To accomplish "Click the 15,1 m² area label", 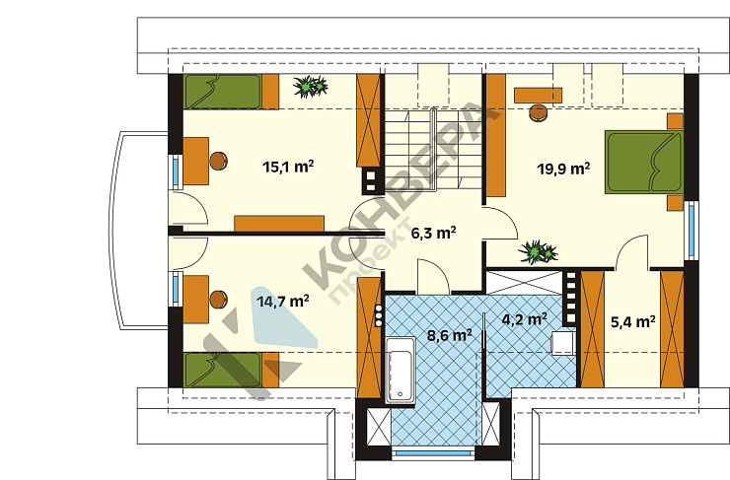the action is coord(288,166).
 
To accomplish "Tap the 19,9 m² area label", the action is coord(564,168).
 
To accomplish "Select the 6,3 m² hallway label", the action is coord(433,233).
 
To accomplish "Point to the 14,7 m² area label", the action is coord(283,302).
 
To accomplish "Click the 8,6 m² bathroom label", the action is coord(449,335).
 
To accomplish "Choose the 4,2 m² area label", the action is coord(524,319).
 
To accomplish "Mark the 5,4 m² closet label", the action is coord(633,321).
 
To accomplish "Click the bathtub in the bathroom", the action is coord(401,370).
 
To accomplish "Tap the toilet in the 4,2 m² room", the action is coord(563,343).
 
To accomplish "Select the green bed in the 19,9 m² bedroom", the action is coord(644,163).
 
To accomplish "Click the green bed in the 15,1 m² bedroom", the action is coord(223,92).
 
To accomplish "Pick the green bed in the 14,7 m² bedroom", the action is coord(223,370).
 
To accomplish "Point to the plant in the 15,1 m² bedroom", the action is coord(310,87).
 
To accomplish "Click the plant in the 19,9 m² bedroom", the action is coord(538,252).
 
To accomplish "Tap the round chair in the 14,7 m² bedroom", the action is coord(218,300).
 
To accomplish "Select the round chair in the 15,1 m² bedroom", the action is coord(218,161).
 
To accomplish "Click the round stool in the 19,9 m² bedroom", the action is coord(539,112).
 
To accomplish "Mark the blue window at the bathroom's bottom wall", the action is coord(433,453).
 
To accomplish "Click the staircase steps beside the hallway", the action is coord(432,149).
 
